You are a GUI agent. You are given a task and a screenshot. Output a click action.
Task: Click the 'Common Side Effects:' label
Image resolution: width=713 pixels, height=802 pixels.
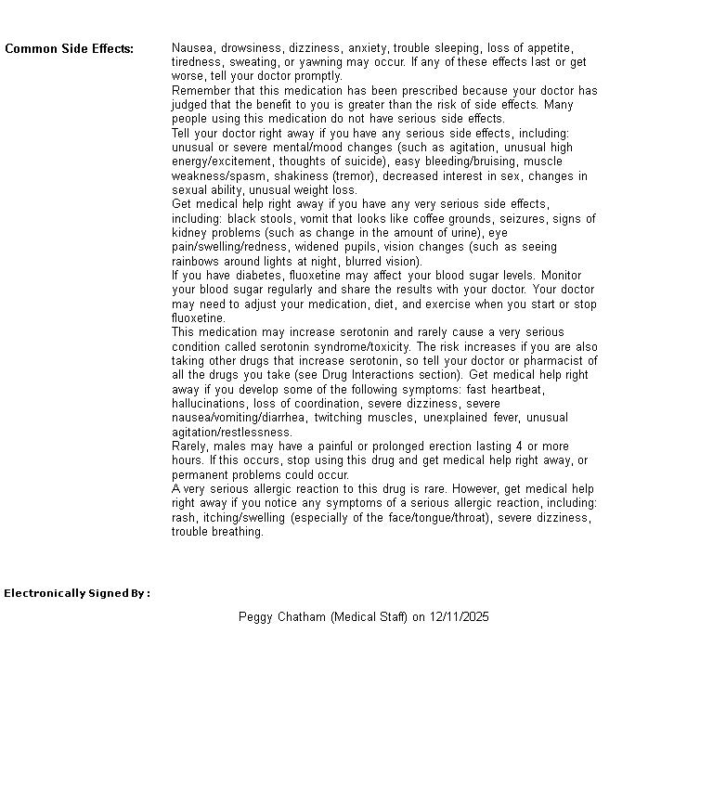coord(69,48)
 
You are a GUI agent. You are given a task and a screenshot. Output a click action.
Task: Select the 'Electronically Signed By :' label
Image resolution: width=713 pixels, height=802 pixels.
coord(77,593)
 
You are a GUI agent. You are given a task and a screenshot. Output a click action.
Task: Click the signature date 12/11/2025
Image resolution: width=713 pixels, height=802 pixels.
coord(460,616)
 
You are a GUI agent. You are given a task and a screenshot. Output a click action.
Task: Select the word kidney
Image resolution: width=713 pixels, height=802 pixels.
coord(188,233)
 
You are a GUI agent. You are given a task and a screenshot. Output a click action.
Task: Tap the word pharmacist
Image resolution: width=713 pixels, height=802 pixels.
coord(557,361)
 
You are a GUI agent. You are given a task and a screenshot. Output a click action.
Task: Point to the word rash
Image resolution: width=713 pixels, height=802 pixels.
coord(183,518)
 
